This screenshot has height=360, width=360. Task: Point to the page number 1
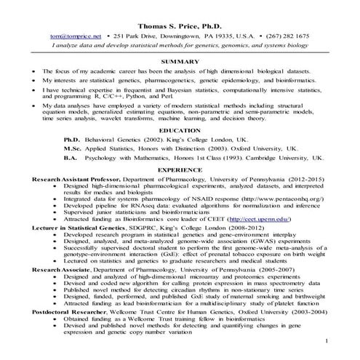click(x=327, y=340)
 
